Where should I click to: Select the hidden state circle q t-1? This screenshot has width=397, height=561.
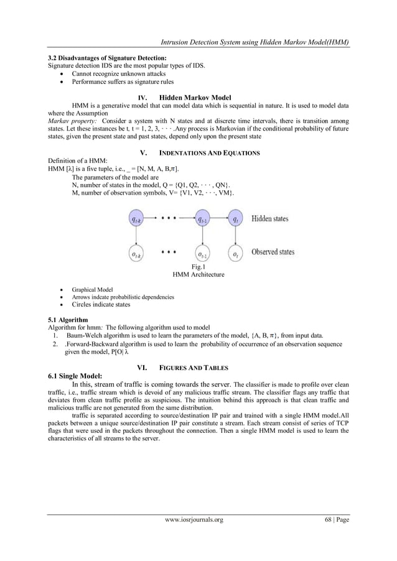201,219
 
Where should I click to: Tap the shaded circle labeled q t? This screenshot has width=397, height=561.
235,219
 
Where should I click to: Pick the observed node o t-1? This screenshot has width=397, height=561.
201,253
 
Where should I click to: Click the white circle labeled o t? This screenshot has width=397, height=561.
235,253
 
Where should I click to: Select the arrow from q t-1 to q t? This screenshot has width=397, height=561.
219,219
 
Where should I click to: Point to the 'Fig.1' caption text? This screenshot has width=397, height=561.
198,267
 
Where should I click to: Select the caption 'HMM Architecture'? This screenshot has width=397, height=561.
198,274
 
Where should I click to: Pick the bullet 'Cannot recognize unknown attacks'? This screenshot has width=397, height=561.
117,73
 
